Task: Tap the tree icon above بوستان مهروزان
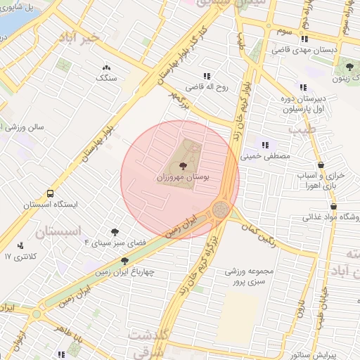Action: click(x=184, y=166)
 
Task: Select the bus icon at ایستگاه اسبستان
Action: click(x=50, y=193)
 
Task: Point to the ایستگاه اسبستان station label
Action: click(x=49, y=205)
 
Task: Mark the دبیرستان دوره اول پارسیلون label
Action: click(x=302, y=104)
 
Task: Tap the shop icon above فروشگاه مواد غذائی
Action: click(x=333, y=206)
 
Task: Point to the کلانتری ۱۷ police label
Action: click(x=18, y=257)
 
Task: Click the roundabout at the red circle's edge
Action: click(x=221, y=209)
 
